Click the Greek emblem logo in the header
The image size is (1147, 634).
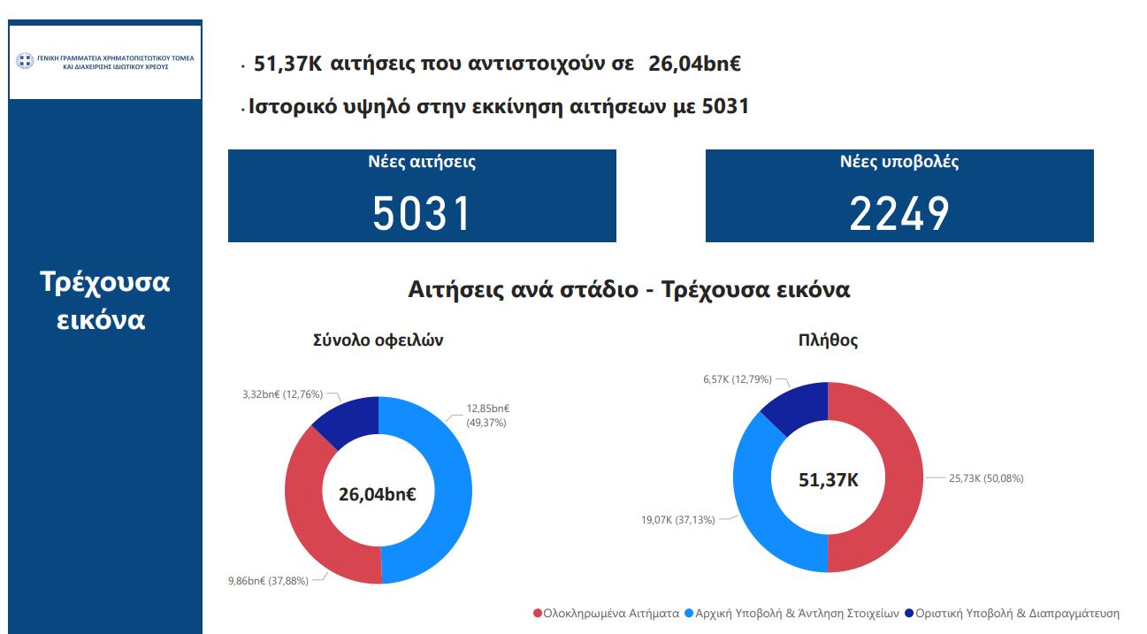pos(25,61)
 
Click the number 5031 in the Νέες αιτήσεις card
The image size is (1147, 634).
pos(421,213)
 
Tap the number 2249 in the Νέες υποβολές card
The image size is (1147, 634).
pos(899,213)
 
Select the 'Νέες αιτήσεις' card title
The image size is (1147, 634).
pos(422,163)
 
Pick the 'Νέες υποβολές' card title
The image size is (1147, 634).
pos(899,163)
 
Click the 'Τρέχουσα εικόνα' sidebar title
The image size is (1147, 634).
pos(105,300)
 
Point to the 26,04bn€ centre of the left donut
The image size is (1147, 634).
pos(378,493)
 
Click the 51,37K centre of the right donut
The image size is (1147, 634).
pos(828,480)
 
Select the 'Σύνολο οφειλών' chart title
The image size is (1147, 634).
pos(378,340)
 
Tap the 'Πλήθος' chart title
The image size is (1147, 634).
pos(828,340)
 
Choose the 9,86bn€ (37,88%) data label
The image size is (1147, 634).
pos(271,581)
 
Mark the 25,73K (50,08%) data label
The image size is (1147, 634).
pos(986,478)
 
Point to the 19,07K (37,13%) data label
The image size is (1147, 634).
pos(678,520)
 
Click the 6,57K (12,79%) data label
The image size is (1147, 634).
pos(737,379)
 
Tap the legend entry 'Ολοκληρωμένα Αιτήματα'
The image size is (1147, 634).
pos(606,613)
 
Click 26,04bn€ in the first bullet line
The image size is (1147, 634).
pos(694,64)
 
